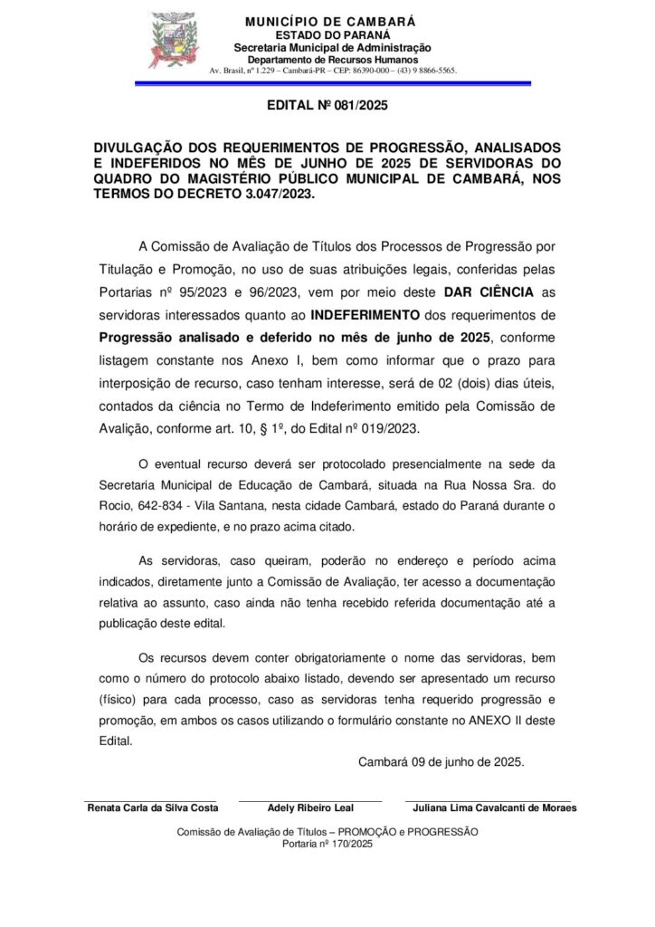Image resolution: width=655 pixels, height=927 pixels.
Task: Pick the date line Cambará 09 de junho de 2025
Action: (441, 763)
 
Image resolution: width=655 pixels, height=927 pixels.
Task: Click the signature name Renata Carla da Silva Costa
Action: (152, 808)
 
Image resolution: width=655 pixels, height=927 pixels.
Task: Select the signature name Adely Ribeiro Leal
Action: (310, 808)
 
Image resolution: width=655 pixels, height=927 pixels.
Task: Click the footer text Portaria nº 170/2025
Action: (327, 844)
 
